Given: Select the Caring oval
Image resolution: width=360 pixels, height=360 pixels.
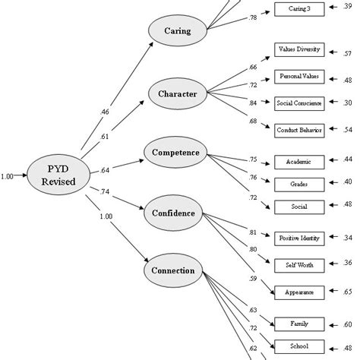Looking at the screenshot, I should click(176, 33).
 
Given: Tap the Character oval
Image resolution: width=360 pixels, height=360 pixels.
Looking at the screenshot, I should click(176, 95).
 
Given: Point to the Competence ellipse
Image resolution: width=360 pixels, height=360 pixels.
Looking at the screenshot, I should click(175, 153).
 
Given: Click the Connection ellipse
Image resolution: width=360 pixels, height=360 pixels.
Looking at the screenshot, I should click(175, 270).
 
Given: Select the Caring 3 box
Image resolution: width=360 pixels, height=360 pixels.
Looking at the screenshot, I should click(298, 8).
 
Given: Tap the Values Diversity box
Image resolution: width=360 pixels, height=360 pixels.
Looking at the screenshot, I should click(298, 50).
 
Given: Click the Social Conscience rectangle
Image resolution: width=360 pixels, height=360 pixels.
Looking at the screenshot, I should click(298, 103).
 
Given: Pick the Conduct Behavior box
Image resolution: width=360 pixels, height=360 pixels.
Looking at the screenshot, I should click(298, 130).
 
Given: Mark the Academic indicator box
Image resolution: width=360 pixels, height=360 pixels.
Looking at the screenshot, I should click(298, 161).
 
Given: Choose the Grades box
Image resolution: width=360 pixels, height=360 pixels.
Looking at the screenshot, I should click(298, 183).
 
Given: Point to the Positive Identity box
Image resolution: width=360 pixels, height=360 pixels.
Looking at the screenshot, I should click(298, 238).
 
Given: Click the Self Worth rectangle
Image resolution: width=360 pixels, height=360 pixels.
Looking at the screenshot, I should click(298, 264).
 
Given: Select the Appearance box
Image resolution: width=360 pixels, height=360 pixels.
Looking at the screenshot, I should click(298, 291).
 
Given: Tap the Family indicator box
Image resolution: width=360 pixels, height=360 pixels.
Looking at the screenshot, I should click(298, 324).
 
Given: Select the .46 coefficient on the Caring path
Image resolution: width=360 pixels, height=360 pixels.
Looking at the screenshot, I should click(106, 112).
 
